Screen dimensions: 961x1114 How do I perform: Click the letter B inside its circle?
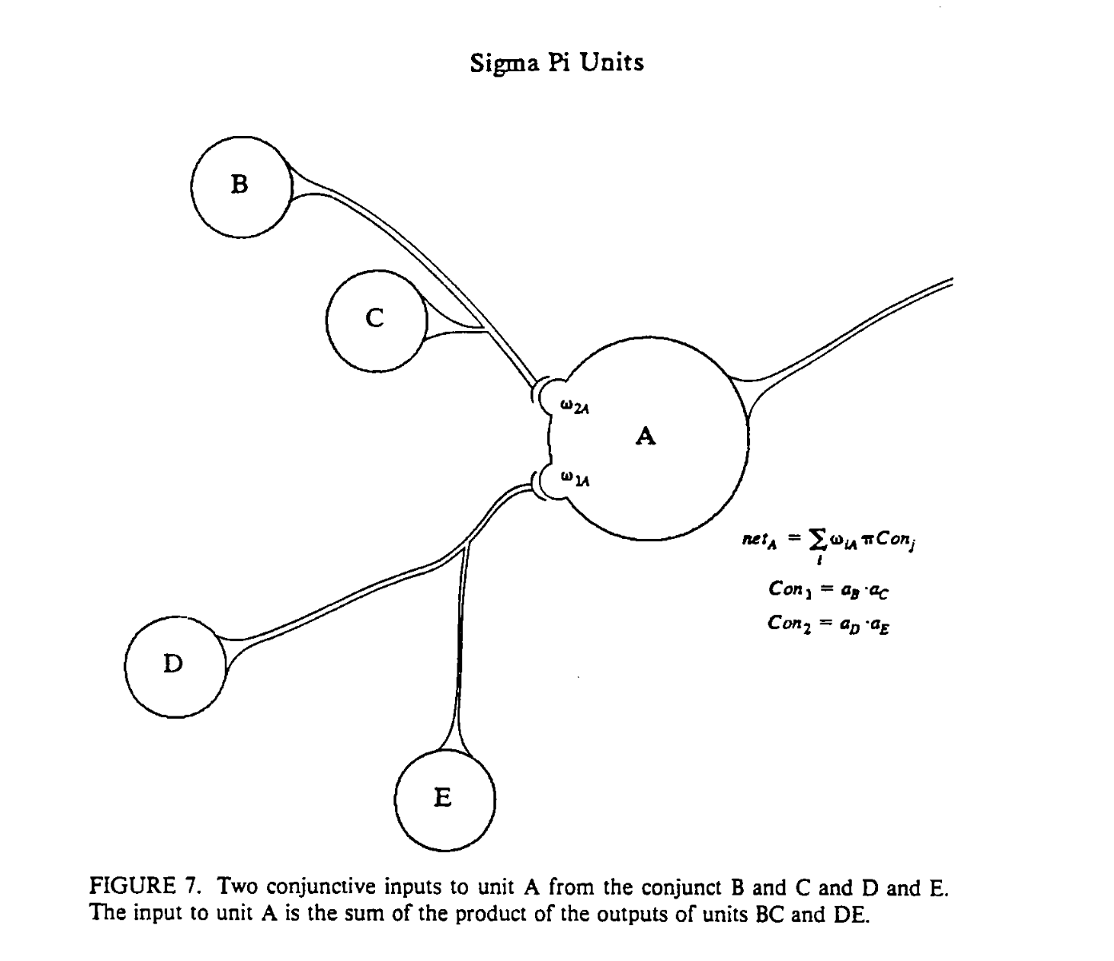[x=239, y=185]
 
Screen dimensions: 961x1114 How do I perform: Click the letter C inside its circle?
[x=374, y=318]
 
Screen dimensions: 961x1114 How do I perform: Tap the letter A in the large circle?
[x=645, y=437]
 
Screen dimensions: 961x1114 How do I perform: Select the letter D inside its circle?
[x=173, y=664]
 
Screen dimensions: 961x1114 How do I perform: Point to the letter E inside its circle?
[x=442, y=797]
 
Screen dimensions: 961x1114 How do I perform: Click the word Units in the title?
[x=612, y=62]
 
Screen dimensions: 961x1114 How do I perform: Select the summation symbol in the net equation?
[x=817, y=540]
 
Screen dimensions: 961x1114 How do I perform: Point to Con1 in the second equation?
[x=789, y=589]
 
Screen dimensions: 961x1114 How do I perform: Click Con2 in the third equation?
[x=789, y=622]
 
